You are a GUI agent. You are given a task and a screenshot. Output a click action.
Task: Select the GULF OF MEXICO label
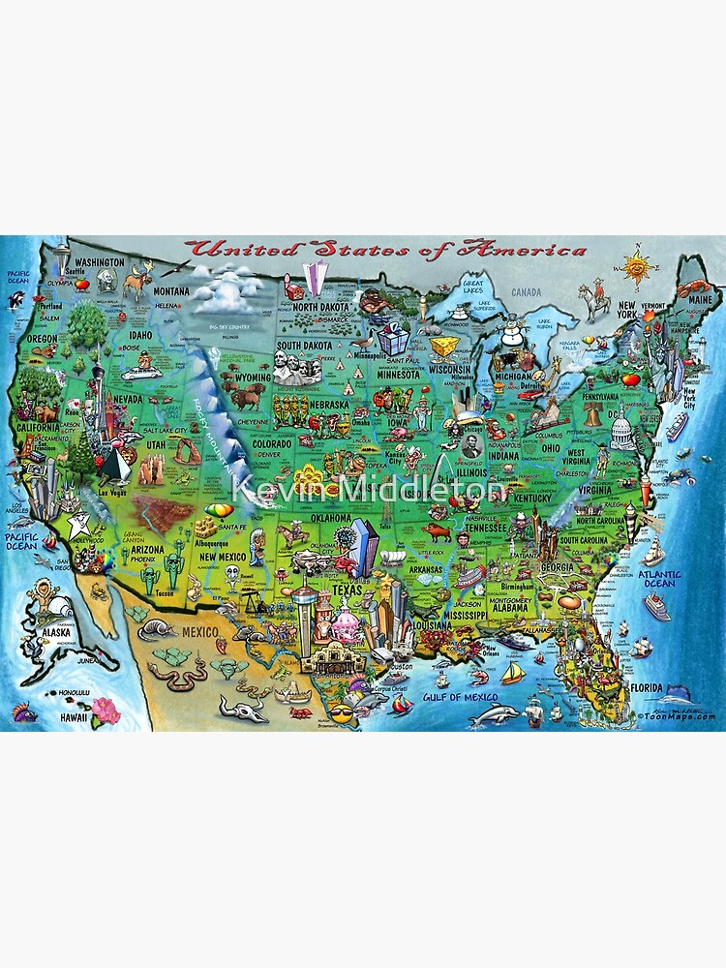(460, 697)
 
